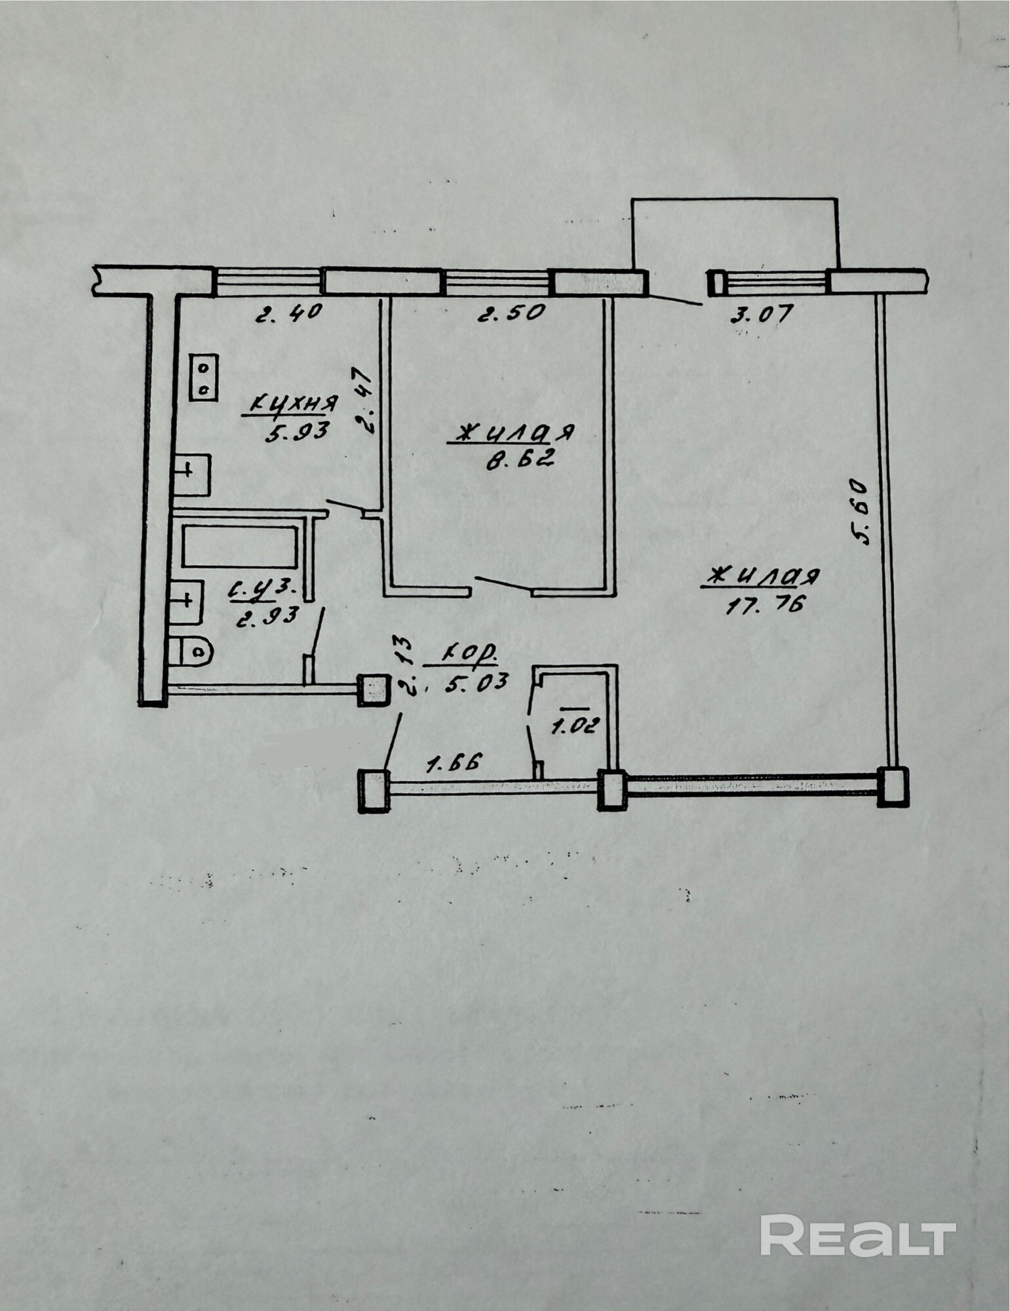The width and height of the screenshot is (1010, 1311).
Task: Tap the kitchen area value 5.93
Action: pos(296,433)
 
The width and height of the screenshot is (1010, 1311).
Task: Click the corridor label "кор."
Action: pos(470,654)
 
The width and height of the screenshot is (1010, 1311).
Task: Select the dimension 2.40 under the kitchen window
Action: pos(289,312)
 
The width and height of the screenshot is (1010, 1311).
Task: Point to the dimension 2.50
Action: pos(511,313)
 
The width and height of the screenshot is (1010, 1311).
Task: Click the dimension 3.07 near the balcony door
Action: pos(761,313)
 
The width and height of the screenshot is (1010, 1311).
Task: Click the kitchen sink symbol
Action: pos(191,474)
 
